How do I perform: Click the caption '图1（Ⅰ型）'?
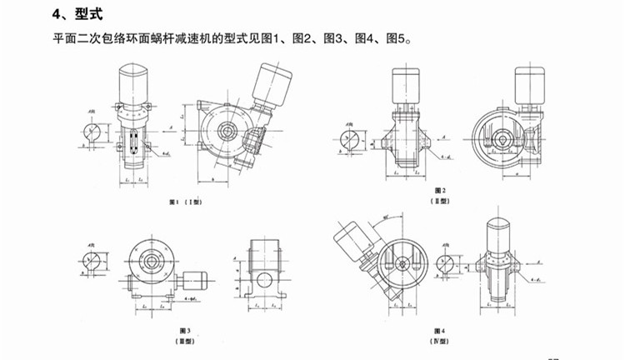[x=184, y=202]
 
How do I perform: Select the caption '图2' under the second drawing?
[x=441, y=190]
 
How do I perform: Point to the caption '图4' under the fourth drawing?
[x=441, y=331]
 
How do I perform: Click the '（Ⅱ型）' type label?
[x=441, y=201]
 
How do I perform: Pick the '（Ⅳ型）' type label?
[x=441, y=342]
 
